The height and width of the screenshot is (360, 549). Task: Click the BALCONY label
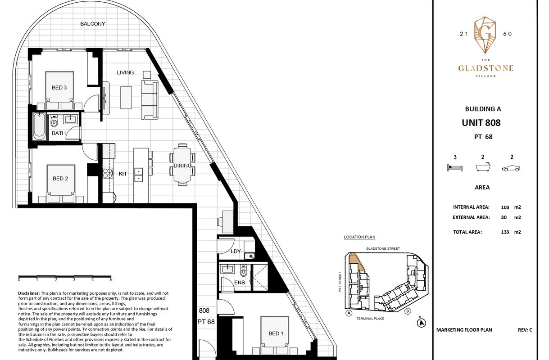click(93, 24)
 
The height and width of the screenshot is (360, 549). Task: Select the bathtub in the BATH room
click(39, 126)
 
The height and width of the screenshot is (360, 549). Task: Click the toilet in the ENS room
click(243, 271)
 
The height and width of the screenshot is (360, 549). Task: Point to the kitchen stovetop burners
click(108, 173)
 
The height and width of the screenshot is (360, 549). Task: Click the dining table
click(182, 165)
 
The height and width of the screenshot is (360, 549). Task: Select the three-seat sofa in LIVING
click(150, 99)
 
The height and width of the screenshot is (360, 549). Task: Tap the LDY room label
click(236, 251)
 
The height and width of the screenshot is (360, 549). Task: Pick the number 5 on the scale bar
click(111, 279)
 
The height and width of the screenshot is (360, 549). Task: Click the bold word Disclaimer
click(29, 293)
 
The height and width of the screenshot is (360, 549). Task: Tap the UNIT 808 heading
click(481, 123)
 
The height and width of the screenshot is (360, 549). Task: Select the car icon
click(511, 168)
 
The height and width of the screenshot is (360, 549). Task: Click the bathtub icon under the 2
click(483, 167)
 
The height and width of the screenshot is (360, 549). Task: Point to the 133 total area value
click(505, 232)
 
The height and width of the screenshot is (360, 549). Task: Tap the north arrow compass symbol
click(421, 323)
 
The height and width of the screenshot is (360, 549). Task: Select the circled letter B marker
click(408, 311)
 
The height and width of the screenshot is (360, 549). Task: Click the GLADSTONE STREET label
click(383, 248)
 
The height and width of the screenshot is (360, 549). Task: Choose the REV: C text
click(525, 330)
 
